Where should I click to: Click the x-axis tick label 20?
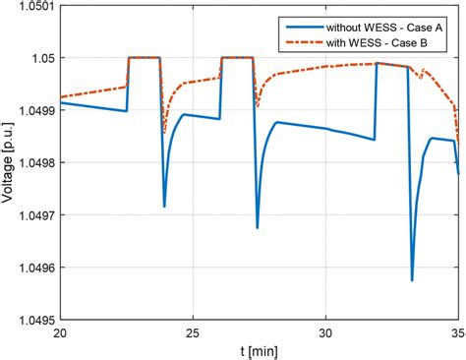[60, 332]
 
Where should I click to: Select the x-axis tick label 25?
[193, 332]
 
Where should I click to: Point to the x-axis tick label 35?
[457, 332]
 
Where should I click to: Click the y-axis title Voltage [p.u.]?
[9, 162]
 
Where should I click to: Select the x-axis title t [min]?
[259, 350]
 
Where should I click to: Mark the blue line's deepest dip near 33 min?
[412, 280]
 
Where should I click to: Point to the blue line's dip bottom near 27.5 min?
[258, 227]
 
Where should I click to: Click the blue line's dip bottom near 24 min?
[164, 206]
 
